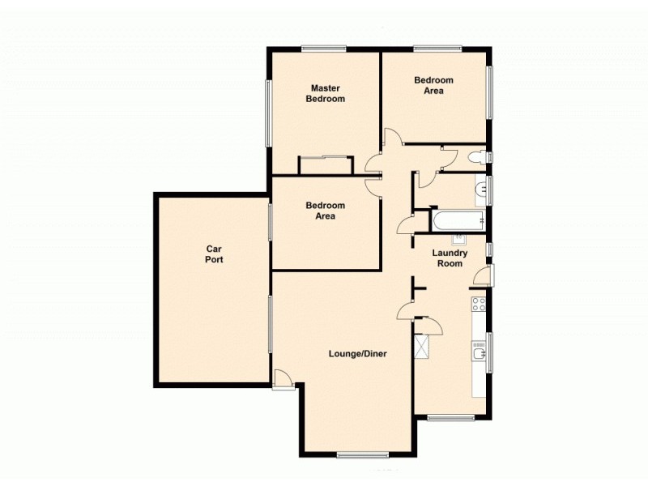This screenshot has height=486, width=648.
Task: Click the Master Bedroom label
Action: click(325, 93)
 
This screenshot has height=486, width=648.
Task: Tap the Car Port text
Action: click(214, 254)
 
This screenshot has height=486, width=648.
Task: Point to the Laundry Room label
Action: click(450, 258)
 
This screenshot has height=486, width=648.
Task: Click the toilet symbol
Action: click(478, 156)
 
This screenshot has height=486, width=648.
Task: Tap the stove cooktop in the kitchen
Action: click(478, 305)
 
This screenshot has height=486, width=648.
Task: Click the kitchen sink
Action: click(478, 350)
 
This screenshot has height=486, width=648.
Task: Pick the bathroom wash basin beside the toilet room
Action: click(480, 190)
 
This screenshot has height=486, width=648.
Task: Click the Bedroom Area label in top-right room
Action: click(434, 85)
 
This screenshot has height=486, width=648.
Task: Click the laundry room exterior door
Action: click(482, 275)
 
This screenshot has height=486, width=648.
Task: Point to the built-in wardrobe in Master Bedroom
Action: click(326, 165)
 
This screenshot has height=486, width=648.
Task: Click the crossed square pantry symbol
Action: click(421, 347)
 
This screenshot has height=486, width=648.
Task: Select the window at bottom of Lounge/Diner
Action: click(363, 454)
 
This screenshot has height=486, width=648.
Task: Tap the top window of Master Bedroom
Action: click(323, 48)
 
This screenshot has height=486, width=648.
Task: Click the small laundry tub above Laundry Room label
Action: click(458, 239)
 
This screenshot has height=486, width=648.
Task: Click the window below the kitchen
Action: click(450, 418)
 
